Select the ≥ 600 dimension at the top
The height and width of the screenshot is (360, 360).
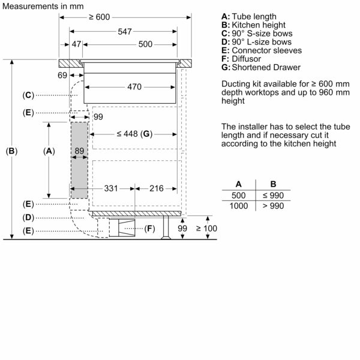pyautogui.click(x=100, y=17)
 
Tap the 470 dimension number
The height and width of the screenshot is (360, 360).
pyautogui.click(x=134, y=87)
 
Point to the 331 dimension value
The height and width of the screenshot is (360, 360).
pyautogui.click(x=110, y=188)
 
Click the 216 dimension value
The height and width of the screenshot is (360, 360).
pyautogui.click(x=155, y=188)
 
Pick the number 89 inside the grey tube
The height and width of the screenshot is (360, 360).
pyautogui.click(x=79, y=151)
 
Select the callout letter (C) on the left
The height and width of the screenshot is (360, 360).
pyautogui.click(x=28, y=95)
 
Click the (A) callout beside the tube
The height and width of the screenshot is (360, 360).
pyautogui.click(x=49, y=151)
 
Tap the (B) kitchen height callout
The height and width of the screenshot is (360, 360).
pyautogui.click(x=11, y=151)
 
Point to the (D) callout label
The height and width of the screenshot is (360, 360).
pyautogui.click(x=28, y=217)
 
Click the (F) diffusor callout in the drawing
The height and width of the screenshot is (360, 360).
pyautogui.click(x=150, y=229)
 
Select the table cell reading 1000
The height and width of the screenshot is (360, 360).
pyautogui.click(x=239, y=206)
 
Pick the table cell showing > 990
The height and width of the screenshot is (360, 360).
pyautogui.click(x=273, y=206)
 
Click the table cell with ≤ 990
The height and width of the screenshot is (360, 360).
pyautogui.click(x=273, y=195)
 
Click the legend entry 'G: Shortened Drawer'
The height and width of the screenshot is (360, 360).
pyautogui.click(x=260, y=67)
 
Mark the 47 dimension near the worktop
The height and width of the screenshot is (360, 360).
pyautogui.click(x=76, y=44)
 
